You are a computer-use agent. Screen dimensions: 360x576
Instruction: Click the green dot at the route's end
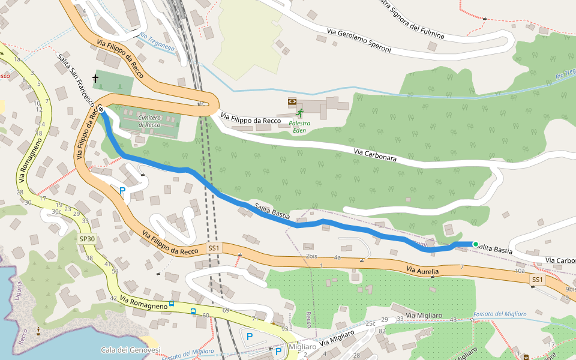[x=475, y=244]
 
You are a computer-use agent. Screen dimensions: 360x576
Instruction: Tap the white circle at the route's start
[x=101, y=110]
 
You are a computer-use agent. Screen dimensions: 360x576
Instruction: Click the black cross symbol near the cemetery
[x=95, y=79]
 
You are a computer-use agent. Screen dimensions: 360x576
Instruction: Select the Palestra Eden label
[x=299, y=127]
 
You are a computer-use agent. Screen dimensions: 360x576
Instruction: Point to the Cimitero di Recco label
[x=149, y=121]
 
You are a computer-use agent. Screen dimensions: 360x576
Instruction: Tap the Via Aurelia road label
[x=422, y=271]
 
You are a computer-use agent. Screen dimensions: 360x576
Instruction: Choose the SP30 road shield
[x=87, y=239]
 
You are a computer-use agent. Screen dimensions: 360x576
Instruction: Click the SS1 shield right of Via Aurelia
[x=537, y=280]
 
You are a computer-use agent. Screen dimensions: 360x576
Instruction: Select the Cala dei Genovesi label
[x=130, y=350]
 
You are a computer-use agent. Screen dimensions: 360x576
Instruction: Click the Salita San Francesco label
[x=78, y=84]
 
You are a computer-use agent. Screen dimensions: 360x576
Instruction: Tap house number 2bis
[x=311, y=256]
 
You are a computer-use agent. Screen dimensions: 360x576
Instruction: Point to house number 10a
[x=520, y=271]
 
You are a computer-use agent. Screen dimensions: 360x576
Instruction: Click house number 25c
[x=370, y=324]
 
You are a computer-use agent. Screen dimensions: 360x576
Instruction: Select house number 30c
[x=56, y=211]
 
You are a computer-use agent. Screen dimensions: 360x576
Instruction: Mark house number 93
[x=284, y=329]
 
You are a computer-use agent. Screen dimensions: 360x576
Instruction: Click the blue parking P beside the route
[x=122, y=191]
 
